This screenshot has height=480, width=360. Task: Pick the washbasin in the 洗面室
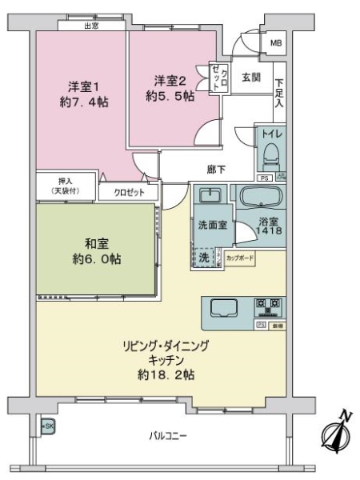point(212,196)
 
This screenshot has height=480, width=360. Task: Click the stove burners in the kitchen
point(268,306)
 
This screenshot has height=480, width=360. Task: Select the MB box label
point(275,43)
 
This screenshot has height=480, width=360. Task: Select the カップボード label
point(239,258)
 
